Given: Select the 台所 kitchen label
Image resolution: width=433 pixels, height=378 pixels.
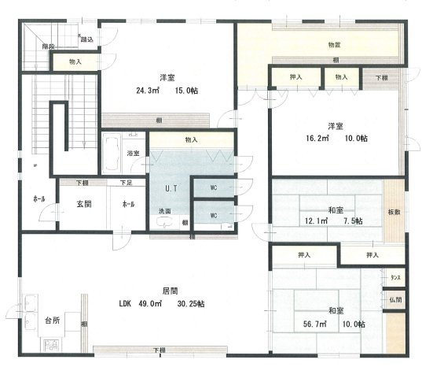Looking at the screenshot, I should coord(53,321).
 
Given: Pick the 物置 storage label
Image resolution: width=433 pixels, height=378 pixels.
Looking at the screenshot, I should coord(334,46).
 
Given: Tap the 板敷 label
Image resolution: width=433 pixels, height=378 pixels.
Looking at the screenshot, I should coord(393,212).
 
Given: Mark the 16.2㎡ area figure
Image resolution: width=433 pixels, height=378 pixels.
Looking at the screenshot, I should coord(320,139).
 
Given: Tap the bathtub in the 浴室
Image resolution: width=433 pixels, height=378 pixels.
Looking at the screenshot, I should coord(112,153).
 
